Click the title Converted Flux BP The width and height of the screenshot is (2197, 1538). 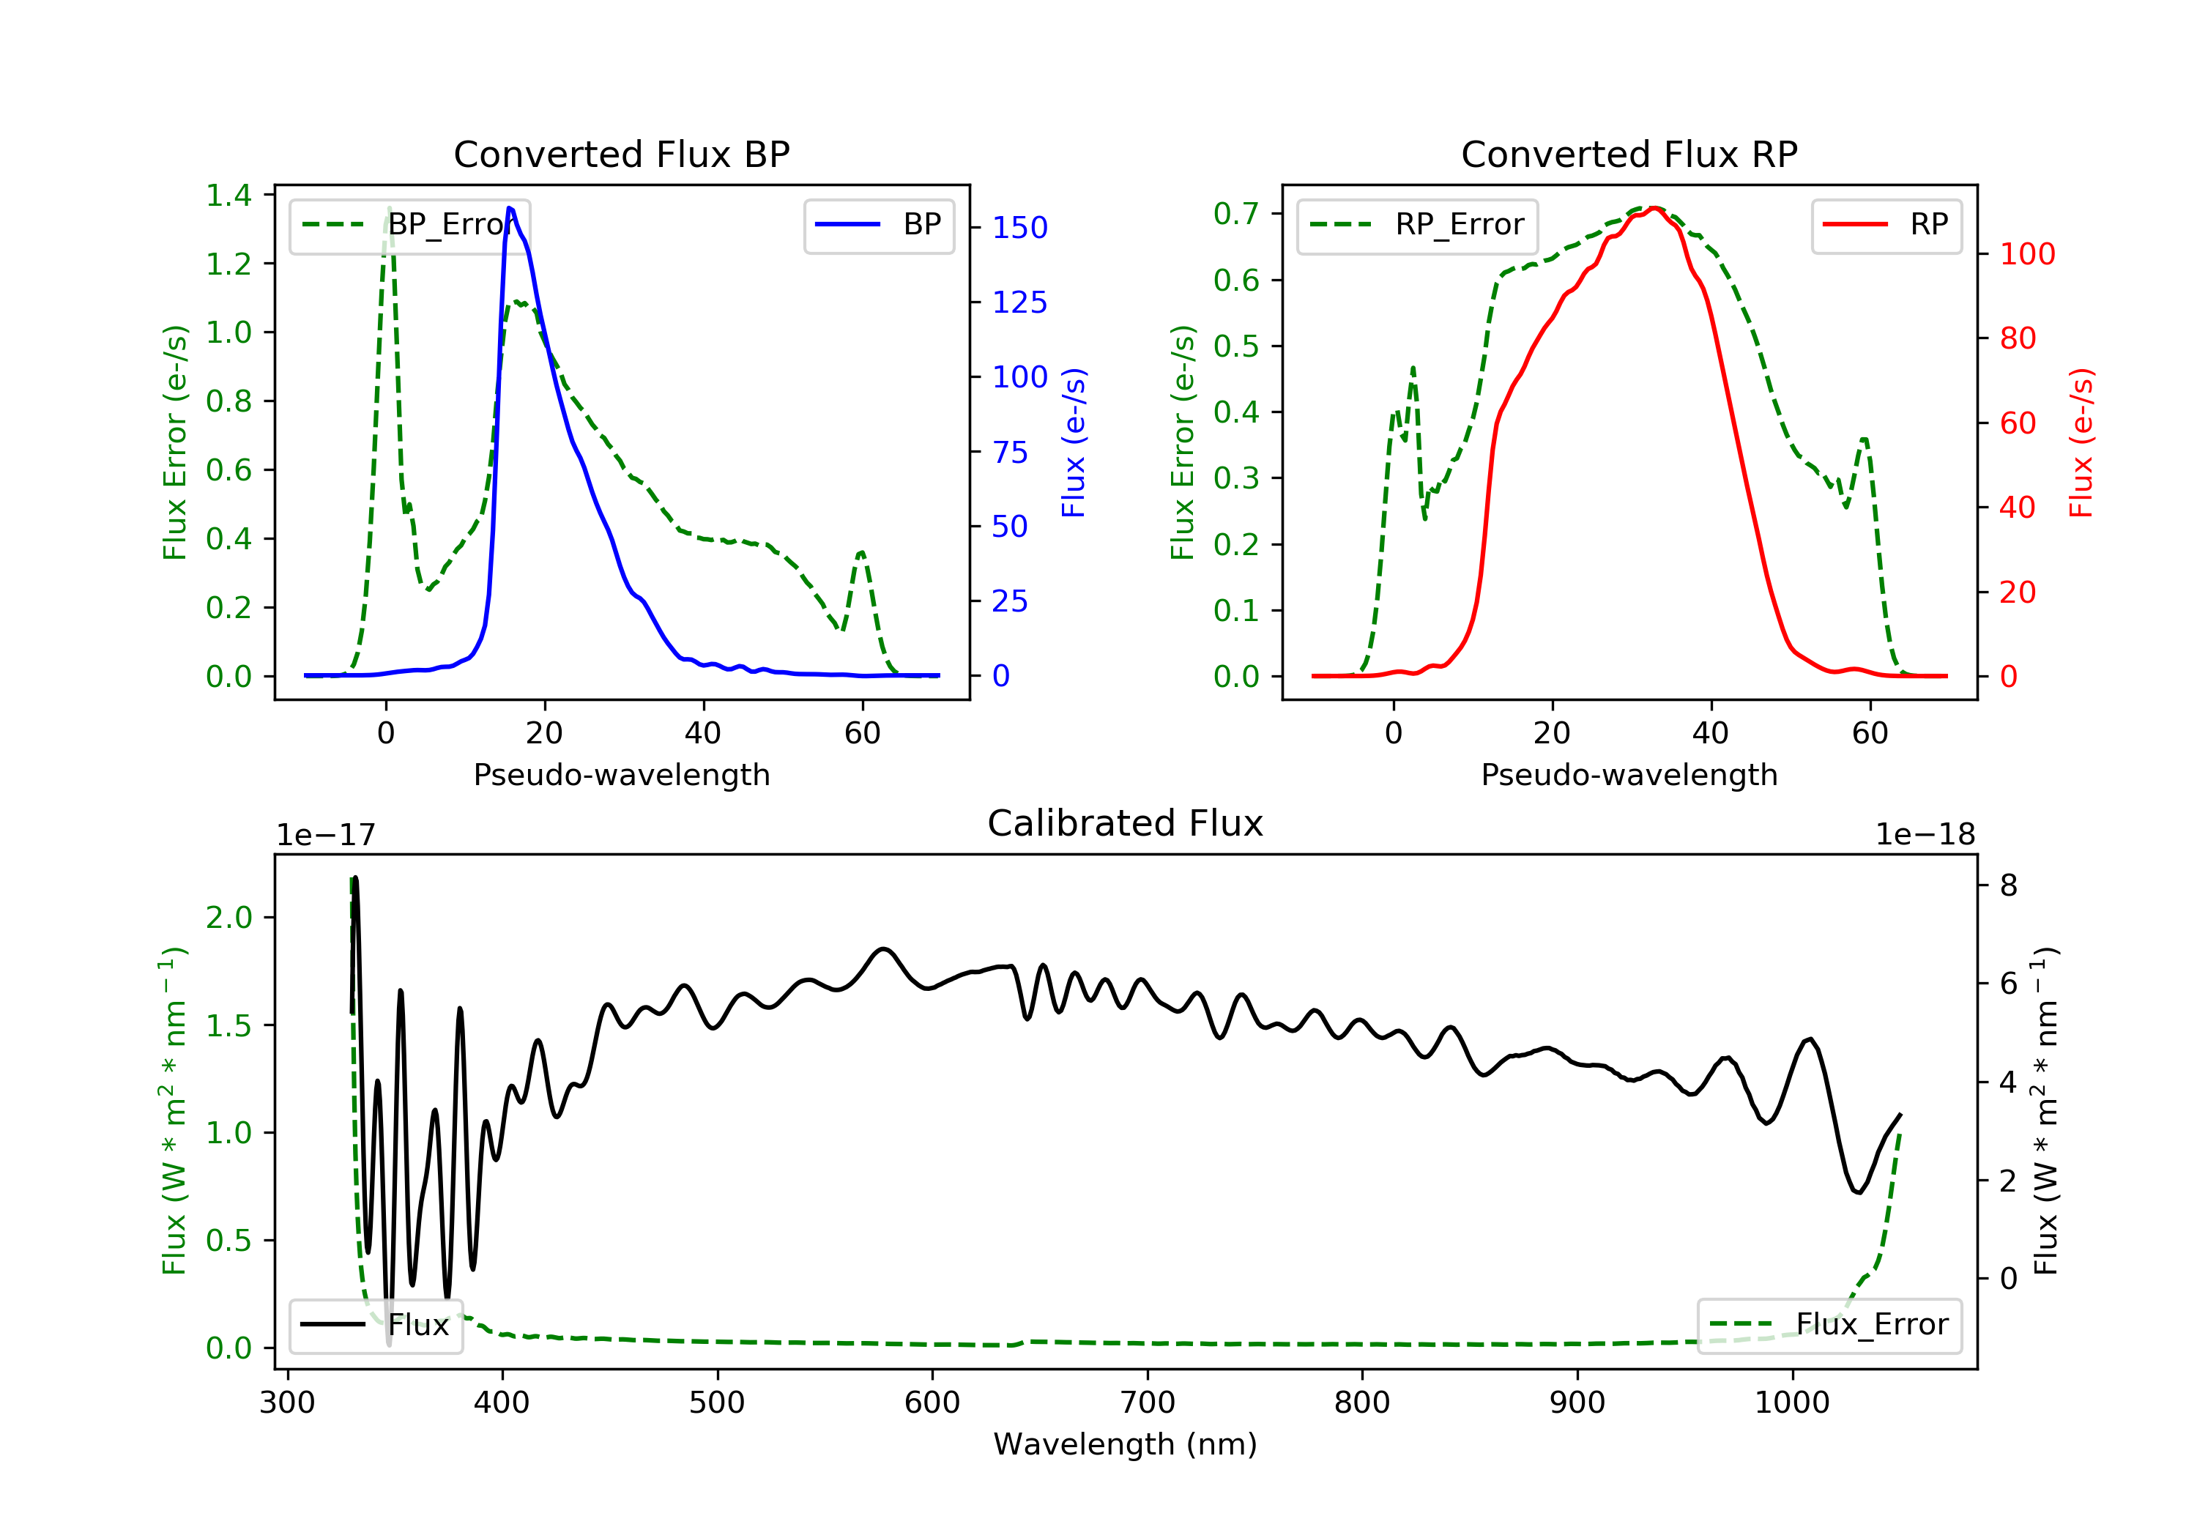pyautogui.click(x=621, y=154)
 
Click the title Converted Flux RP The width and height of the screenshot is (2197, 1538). pyautogui.click(x=1629, y=154)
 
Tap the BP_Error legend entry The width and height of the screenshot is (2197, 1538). pyautogui.click(x=409, y=225)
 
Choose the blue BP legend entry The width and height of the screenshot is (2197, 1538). pyautogui.click(x=878, y=225)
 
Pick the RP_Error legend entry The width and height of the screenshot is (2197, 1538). pyautogui.click(x=1417, y=225)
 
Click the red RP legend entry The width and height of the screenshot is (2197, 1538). pyautogui.click(x=1885, y=225)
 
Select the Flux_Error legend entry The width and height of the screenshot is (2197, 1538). pyautogui.click(x=1829, y=1325)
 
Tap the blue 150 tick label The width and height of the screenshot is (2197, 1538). pyautogui.click(x=1019, y=228)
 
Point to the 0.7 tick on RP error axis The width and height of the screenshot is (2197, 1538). pyautogui.click(x=1236, y=213)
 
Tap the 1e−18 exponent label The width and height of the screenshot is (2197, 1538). pyautogui.click(x=1925, y=835)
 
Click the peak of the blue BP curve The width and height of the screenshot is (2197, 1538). pyautogui.click(x=509, y=208)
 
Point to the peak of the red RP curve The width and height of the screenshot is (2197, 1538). pyautogui.click(x=1654, y=208)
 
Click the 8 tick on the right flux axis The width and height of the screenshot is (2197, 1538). pyautogui.click(x=2009, y=885)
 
